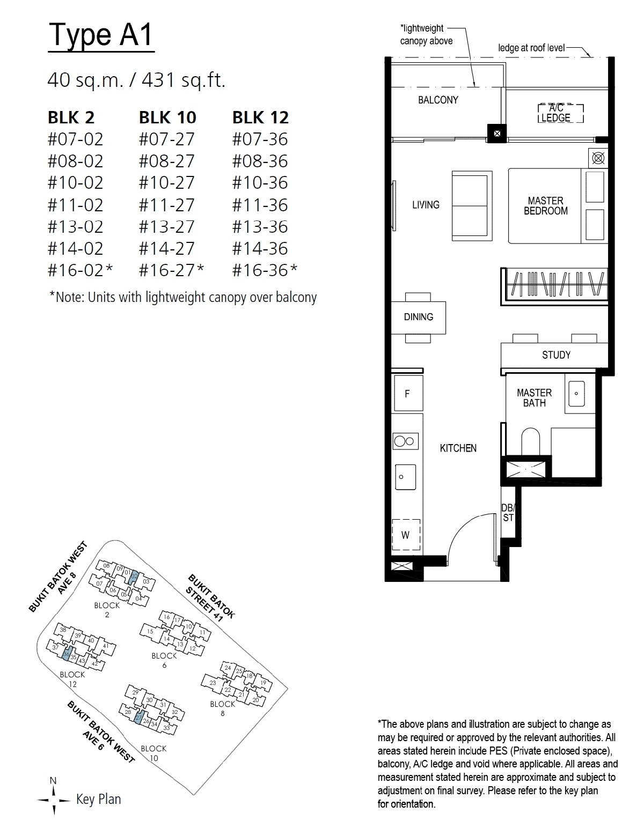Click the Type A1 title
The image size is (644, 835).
[101, 35]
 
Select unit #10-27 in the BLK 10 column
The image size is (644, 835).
[166, 182]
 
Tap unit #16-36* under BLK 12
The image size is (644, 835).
[265, 270]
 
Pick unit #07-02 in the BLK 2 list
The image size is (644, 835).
[75, 139]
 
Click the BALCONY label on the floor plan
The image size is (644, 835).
[438, 100]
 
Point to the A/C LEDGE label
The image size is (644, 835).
[555, 113]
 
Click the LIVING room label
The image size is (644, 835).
[426, 205]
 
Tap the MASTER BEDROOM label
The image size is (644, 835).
[546, 205]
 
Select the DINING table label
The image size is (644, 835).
[418, 317]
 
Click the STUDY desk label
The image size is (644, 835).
[556, 355]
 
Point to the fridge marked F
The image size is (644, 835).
[408, 394]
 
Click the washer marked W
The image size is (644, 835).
[406, 535]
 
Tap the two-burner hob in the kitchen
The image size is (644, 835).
[406, 441]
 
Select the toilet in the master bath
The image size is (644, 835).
[531, 442]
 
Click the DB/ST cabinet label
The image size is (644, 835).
[508, 513]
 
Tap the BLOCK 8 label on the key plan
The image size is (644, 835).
[223, 708]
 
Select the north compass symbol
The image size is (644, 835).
[54, 801]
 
